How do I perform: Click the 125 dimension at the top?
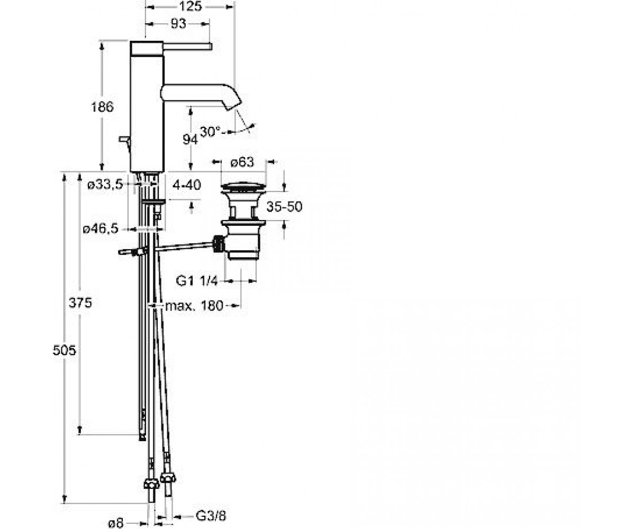(x=190, y=6)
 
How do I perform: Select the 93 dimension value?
(x=178, y=24)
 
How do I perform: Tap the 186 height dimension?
(x=102, y=107)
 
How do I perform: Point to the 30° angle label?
(x=210, y=132)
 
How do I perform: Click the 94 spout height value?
(x=190, y=140)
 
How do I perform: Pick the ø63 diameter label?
(x=242, y=162)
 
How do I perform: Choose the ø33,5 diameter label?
(x=105, y=184)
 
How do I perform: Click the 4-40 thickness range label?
(x=187, y=185)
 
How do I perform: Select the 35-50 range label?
(x=284, y=207)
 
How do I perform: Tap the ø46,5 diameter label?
(x=101, y=229)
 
